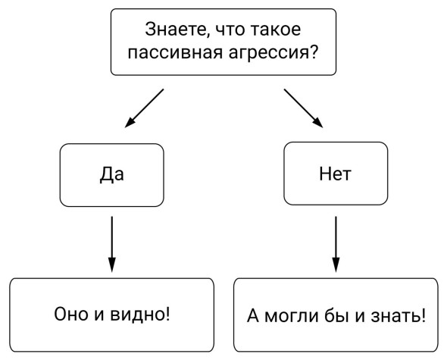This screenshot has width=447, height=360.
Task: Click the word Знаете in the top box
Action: (175, 30)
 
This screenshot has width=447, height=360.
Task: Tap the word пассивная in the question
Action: (174, 53)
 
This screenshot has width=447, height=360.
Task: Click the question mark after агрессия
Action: (314, 52)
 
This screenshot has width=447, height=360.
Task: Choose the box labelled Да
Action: (112, 175)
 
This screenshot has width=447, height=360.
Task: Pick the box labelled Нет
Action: (336, 174)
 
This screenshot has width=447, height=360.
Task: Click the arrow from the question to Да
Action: (144, 108)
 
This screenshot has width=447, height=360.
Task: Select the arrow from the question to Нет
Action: (303, 108)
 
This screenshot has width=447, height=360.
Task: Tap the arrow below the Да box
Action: (112, 244)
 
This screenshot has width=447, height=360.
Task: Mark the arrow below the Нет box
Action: (336, 244)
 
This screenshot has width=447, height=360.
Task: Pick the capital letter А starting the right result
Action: (253, 315)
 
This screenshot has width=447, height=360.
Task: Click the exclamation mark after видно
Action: (167, 313)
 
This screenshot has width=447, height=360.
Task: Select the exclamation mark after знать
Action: (423, 315)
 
